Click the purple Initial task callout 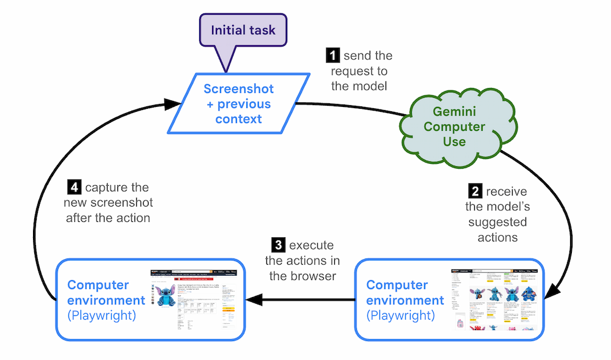(x=244, y=30)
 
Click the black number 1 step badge (x=333, y=56)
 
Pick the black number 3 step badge (x=279, y=246)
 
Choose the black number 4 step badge (x=75, y=188)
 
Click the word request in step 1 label (x=351, y=71)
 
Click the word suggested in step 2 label (x=497, y=222)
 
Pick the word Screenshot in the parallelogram (x=238, y=89)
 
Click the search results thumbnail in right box (x=495, y=299)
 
